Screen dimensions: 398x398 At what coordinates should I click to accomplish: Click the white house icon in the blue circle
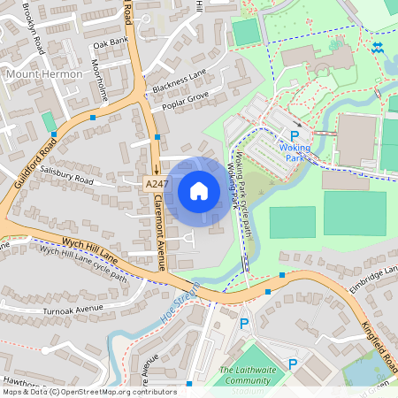click(198, 190)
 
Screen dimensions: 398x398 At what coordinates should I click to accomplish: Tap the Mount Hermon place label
click(44, 74)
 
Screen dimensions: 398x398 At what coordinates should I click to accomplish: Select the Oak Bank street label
click(111, 42)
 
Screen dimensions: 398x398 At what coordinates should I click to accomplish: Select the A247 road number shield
click(156, 183)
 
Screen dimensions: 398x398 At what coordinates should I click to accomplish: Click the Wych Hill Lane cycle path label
click(84, 263)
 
